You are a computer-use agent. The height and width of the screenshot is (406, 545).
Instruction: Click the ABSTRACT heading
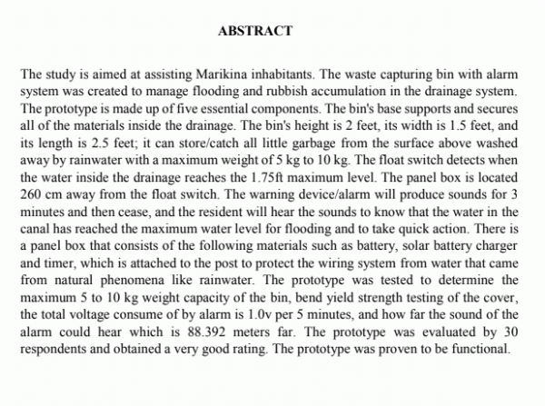[255, 31]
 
